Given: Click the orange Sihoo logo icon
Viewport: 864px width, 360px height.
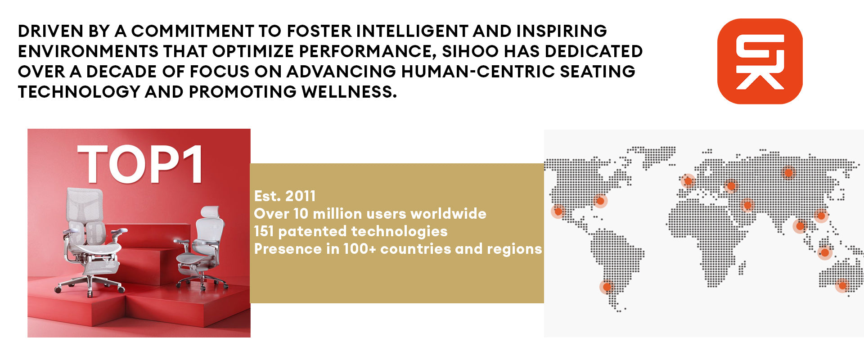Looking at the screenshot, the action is click(x=760, y=61).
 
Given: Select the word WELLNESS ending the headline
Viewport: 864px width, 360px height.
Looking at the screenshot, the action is click(x=349, y=92).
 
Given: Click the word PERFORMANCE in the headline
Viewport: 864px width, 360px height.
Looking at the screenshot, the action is click(x=368, y=51).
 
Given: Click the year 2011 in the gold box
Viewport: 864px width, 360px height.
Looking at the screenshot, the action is click(x=300, y=196).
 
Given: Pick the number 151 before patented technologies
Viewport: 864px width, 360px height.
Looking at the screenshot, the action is click(x=264, y=231).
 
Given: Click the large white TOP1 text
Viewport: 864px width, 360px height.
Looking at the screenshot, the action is click(x=140, y=165).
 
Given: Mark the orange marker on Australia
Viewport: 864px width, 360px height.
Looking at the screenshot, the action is click(x=842, y=285).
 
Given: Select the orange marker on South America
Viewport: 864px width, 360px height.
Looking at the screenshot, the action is click(x=607, y=287).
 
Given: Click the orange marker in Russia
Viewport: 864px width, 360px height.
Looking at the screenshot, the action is click(x=788, y=173).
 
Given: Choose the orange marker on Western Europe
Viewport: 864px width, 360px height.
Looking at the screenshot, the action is click(x=688, y=181).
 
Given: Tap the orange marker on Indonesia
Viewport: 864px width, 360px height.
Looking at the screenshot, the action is click(x=825, y=253).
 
